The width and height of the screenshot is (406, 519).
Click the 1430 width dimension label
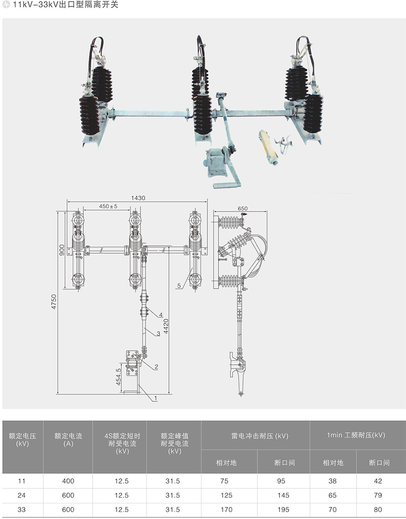click(138, 198)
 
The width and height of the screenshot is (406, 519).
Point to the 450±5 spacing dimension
click(108, 206)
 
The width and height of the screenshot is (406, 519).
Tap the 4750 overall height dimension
click(53, 302)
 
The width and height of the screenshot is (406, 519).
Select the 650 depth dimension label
click(243, 208)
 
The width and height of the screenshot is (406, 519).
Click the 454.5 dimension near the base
click(119, 377)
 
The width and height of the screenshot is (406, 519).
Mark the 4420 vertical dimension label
click(166, 326)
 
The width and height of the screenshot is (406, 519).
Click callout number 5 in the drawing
click(179, 285)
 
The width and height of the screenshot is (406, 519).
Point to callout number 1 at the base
click(155, 398)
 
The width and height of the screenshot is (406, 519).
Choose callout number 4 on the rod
click(161, 315)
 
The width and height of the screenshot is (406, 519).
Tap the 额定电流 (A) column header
click(68, 439)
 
